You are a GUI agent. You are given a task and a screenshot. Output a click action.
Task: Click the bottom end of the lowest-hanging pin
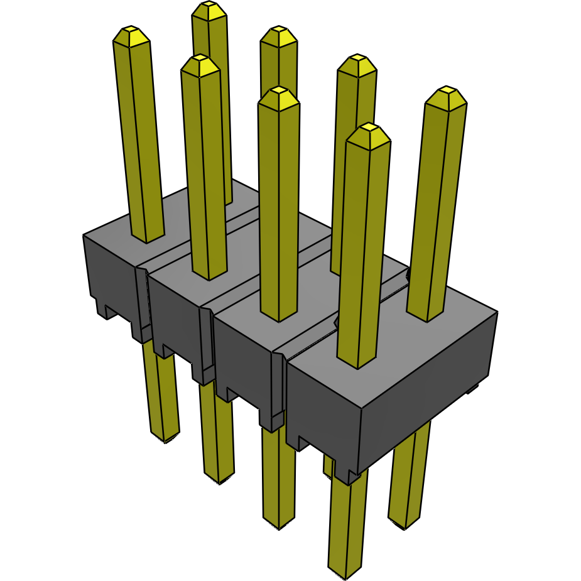click(x=345, y=572)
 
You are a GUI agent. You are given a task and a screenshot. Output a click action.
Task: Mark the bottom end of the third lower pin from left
click(x=278, y=523)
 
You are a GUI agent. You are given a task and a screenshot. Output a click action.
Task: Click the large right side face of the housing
click(x=427, y=389)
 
